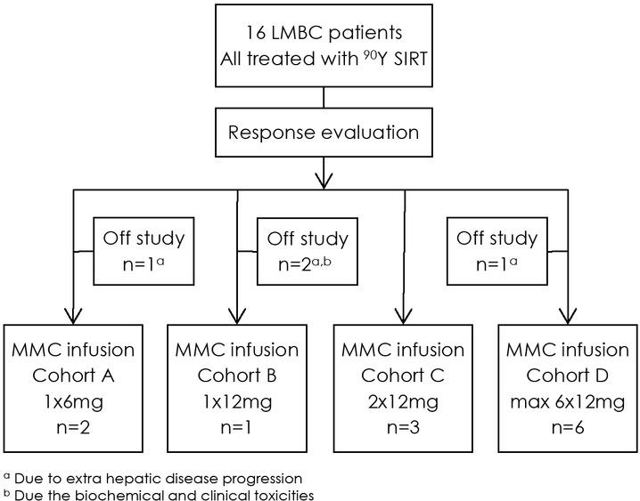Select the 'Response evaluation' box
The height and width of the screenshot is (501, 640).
pyautogui.click(x=323, y=133)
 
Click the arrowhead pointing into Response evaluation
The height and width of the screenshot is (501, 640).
pyautogui.click(x=324, y=105)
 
